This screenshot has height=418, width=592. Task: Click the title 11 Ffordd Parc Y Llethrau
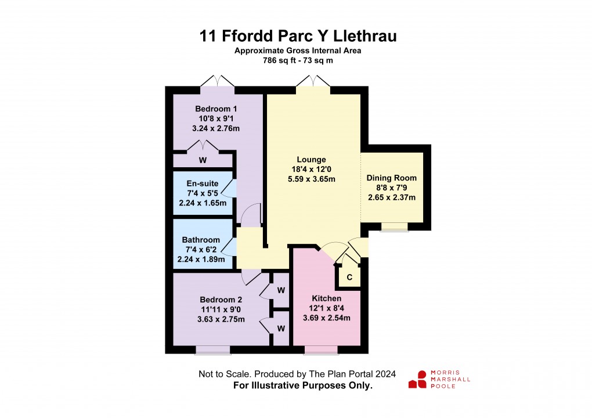[x=298, y=36]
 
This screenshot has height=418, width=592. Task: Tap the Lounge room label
[x=312, y=160]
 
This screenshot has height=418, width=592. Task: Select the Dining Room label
[x=392, y=178]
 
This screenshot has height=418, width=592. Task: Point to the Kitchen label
[x=327, y=298]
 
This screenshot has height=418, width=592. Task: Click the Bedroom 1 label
[x=216, y=109]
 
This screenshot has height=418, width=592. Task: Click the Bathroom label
[x=201, y=240]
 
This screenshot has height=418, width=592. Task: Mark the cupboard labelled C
[x=349, y=277]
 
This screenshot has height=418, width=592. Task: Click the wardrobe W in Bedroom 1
[x=203, y=160]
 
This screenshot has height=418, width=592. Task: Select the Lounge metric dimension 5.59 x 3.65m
[x=312, y=179]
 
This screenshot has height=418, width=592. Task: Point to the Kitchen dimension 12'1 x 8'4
[x=327, y=308]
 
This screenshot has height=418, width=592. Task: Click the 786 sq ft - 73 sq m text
[x=298, y=60]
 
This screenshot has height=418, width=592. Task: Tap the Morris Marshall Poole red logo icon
[x=417, y=380]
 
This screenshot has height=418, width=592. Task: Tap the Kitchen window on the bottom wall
[x=321, y=350]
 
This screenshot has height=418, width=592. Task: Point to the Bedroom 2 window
[x=212, y=350]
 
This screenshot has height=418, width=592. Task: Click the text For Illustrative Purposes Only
[x=302, y=385]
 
